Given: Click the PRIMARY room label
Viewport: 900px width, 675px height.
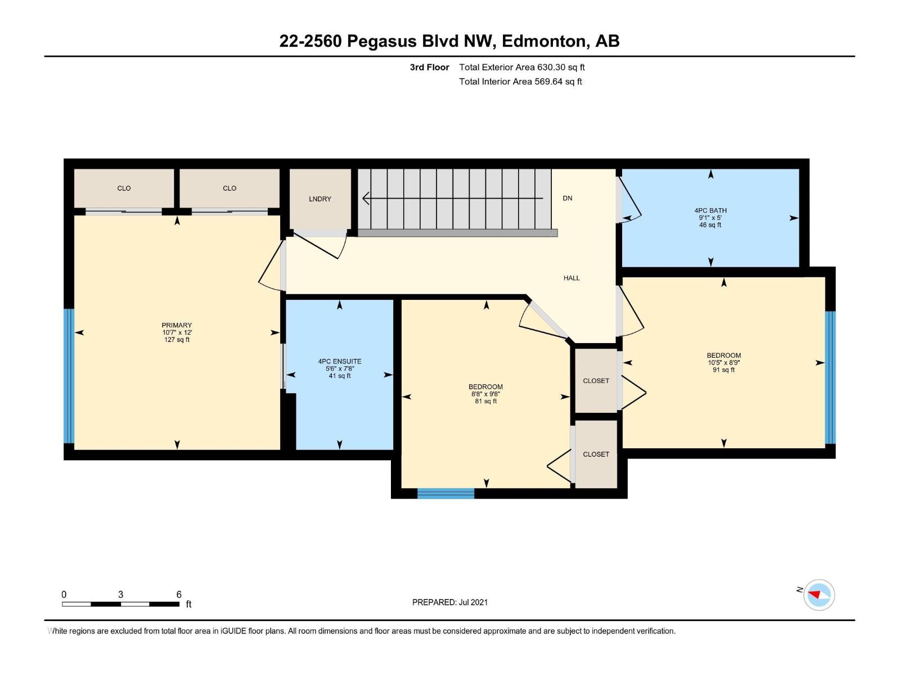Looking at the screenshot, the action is pyautogui.click(x=177, y=325).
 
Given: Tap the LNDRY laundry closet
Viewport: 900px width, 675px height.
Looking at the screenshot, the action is pyautogui.click(x=320, y=199).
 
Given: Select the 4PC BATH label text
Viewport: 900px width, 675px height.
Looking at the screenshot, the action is pyautogui.click(x=710, y=210).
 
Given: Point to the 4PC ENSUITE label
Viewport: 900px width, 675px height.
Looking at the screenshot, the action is pyautogui.click(x=340, y=362).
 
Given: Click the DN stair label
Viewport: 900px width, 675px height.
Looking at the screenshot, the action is pyautogui.click(x=568, y=199).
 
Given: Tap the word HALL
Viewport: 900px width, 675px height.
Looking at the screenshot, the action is pyautogui.click(x=571, y=278).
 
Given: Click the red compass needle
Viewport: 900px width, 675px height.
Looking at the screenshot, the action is pyautogui.click(x=814, y=594).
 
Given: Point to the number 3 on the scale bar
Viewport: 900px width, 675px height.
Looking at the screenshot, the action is pyautogui.click(x=120, y=594).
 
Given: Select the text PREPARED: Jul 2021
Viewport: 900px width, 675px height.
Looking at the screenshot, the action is pyautogui.click(x=450, y=602).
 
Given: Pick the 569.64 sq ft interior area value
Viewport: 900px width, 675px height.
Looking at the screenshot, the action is pyautogui.click(x=558, y=82).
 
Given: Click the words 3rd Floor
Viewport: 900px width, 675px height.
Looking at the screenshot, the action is pyautogui.click(x=429, y=67).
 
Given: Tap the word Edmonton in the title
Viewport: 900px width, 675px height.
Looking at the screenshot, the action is pyautogui.click(x=543, y=41).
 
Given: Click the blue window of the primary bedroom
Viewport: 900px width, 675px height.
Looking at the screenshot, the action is pyautogui.click(x=69, y=376).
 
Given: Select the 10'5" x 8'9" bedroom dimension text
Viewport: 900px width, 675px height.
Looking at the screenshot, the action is pyautogui.click(x=724, y=363).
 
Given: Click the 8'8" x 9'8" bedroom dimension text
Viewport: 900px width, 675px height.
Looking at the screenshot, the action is pyautogui.click(x=486, y=394).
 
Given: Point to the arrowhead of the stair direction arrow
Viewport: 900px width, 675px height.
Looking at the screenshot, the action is pyautogui.click(x=365, y=199).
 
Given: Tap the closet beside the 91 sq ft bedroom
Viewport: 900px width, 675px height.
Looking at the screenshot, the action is pyautogui.click(x=596, y=381).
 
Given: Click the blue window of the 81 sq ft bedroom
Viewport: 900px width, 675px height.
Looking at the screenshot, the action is pyautogui.click(x=445, y=493).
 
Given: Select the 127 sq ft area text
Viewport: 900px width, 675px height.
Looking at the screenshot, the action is pyautogui.click(x=177, y=340).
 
